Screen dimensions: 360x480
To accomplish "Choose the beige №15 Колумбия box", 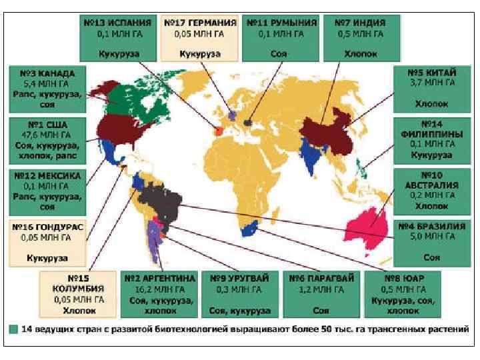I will click(79, 293).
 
